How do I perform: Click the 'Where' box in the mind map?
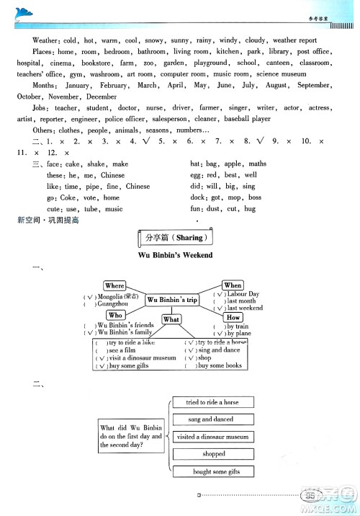tap(114, 286)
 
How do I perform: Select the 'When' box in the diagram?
tap(233, 285)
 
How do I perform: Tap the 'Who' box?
tap(115, 315)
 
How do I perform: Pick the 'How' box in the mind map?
tap(233, 317)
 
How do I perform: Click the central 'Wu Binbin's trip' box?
tap(172, 300)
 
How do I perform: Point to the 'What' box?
tap(171, 319)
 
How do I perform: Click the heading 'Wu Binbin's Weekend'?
tap(176, 255)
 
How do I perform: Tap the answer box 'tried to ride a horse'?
tap(212, 402)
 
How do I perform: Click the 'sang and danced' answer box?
tap(212, 419)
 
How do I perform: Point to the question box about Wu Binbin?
tap(132, 437)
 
